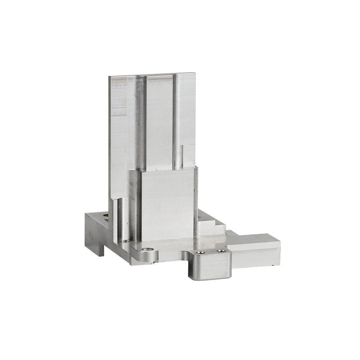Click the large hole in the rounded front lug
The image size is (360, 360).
point(148,249)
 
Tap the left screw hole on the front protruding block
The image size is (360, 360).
point(201,252)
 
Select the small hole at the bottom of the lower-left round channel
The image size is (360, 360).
point(125,241)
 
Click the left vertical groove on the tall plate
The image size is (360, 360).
point(140,122)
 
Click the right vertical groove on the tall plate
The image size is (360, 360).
point(177,122)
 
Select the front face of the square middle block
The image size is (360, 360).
point(167,205)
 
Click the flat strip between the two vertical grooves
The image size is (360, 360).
point(159,122)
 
